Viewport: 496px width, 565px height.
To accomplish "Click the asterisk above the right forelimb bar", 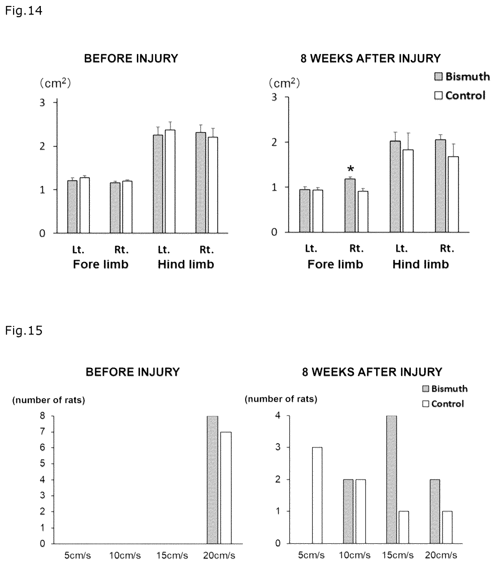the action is point(351,169).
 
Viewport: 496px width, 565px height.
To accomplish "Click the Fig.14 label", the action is point(24,11).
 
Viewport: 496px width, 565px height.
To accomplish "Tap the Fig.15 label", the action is point(24,331).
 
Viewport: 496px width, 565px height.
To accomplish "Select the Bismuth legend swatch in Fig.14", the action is point(438,77).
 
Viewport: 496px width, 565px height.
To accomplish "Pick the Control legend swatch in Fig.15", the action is point(426,404).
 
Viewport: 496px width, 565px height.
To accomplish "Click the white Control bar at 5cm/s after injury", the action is point(317,495).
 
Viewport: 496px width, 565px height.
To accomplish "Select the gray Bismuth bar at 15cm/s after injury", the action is point(392,479).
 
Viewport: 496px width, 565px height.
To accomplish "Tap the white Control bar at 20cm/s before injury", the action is point(226,487).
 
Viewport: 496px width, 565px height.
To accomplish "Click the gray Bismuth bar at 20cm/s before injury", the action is point(213,480).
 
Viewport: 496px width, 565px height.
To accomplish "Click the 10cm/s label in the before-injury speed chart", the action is point(125,556).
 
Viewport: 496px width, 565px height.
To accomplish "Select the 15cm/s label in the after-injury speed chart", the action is point(398,555).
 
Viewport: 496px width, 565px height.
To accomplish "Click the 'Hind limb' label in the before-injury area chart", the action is point(186,264).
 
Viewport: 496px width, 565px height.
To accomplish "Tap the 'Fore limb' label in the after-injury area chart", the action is point(335,264).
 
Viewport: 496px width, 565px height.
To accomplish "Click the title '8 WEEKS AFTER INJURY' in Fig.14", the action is point(371,58).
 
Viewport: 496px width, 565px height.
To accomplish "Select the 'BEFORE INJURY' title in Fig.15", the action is point(133,372).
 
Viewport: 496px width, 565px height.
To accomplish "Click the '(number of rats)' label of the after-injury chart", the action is point(281,399).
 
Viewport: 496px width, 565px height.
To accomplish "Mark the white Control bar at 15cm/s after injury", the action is point(404,527).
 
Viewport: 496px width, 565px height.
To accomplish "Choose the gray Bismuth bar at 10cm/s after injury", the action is point(348,511).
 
